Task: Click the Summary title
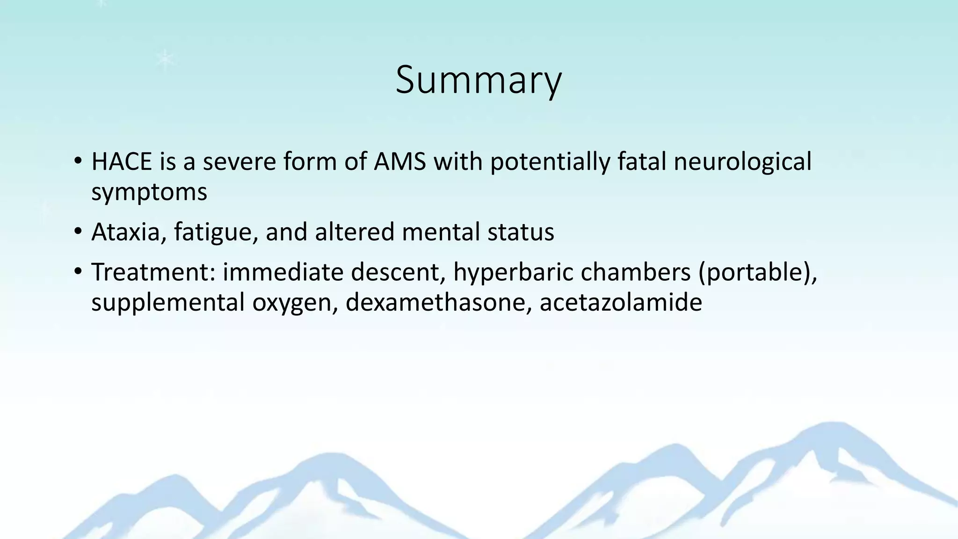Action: pyautogui.click(x=478, y=80)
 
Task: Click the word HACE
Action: pyautogui.click(x=122, y=162)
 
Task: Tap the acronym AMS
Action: pyautogui.click(x=400, y=162)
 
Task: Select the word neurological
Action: pyautogui.click(x=742, y=162)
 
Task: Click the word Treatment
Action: pyautogui.click(x=153, y=272)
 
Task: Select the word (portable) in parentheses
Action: pyautogui.click(x=757, y=272)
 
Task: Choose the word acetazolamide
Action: pyautogui.click(x=621, y=303)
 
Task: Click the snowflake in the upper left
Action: pyautogui.click(x=165, y=59)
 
